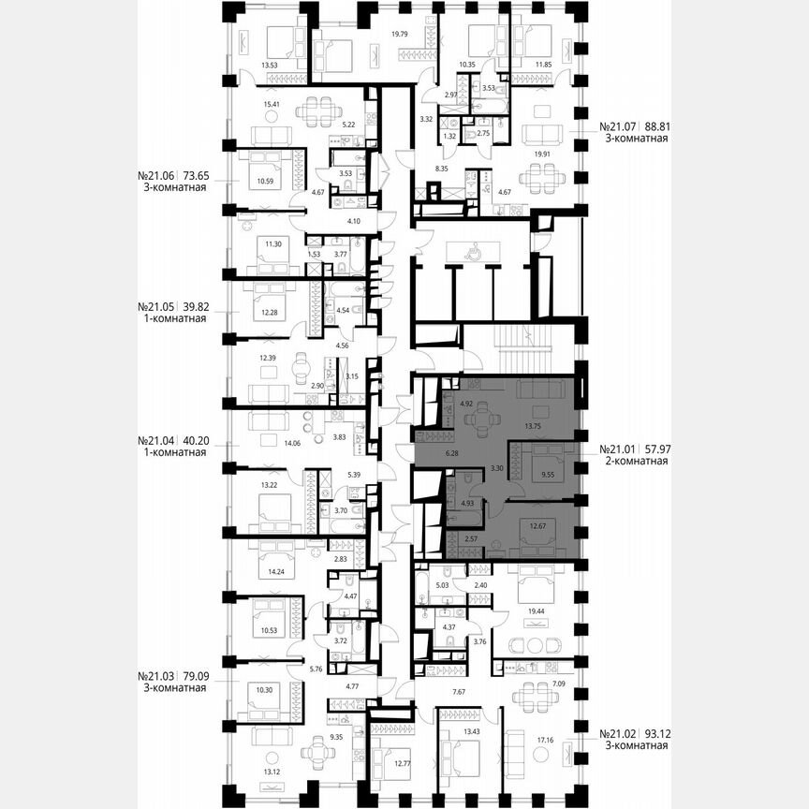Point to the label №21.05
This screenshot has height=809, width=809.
click(158, 306)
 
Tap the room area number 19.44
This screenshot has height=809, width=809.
click(538, 610)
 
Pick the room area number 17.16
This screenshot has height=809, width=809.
click(544, 739)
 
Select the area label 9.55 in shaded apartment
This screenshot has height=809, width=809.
click(547, 475)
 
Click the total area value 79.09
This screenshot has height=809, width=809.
click(190, 675)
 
